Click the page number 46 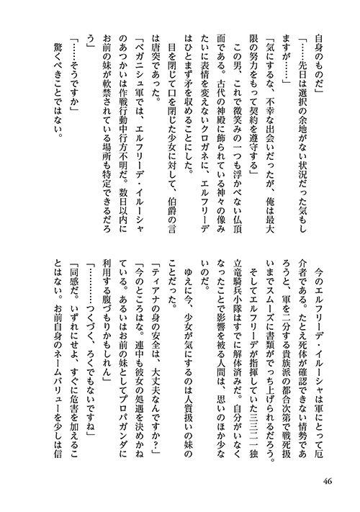click(x=327, y=480)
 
